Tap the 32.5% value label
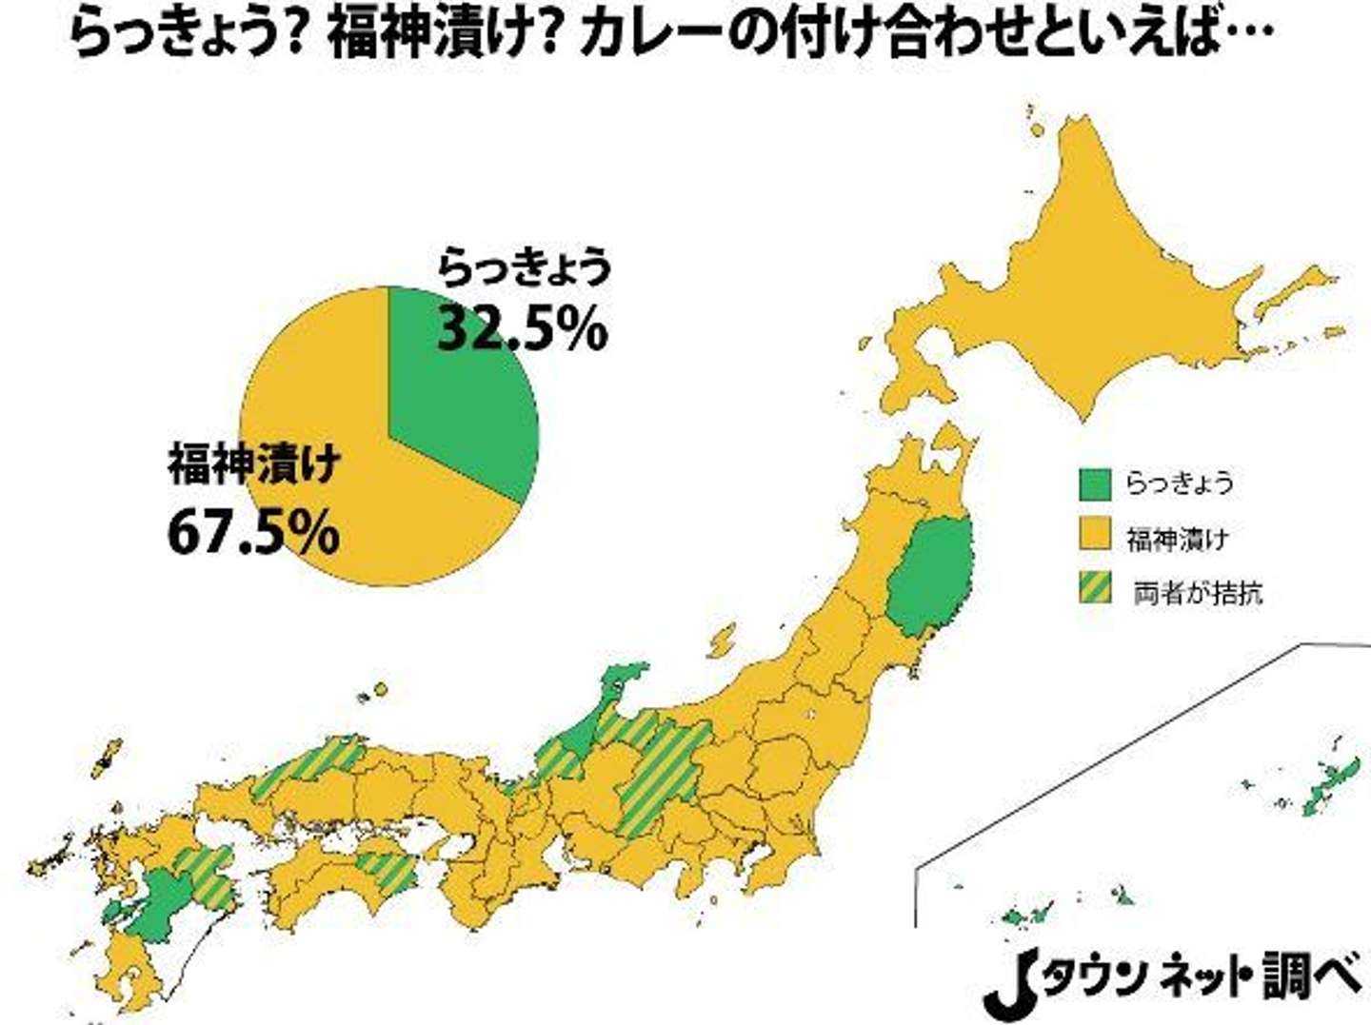pos(522,329)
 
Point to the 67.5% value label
pos(253,532)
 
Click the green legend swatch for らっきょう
pos(1095,483)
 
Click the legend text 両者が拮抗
pos(1198,593)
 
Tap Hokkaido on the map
pos(1095,286)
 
